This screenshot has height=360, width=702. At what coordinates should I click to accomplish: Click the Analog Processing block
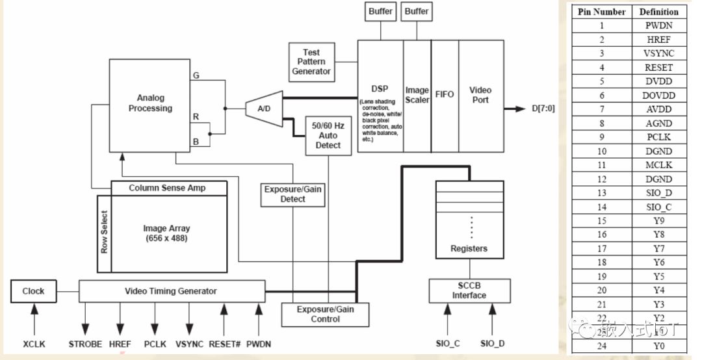click(150, 103)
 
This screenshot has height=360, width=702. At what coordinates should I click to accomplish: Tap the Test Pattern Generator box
click(311, 62)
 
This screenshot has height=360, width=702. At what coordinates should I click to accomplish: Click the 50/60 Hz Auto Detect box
click(328, 135)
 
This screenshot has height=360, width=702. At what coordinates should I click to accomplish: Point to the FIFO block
click(445, 96)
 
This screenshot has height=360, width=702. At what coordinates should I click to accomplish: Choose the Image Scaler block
click(417, 96)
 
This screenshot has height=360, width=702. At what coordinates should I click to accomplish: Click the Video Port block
click(481, 96)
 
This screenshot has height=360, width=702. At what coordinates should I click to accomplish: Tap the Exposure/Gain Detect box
click(292, 194)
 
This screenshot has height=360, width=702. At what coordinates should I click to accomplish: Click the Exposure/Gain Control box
click(325, 315)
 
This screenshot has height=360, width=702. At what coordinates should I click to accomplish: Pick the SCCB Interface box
click(469, 290)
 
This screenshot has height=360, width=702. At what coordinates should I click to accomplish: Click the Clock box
click(33, 290)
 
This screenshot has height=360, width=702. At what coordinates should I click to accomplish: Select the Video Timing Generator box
click(172, 290)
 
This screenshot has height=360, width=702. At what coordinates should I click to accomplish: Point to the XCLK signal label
click(34, 344)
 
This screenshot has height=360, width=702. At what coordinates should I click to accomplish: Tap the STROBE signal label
click(85, 344)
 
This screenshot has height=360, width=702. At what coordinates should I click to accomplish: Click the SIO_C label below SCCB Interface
click(447, 344)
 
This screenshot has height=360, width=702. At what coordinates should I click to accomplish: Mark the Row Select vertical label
click(104, 233)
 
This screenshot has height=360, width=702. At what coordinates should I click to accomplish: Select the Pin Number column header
click(602, 12)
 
